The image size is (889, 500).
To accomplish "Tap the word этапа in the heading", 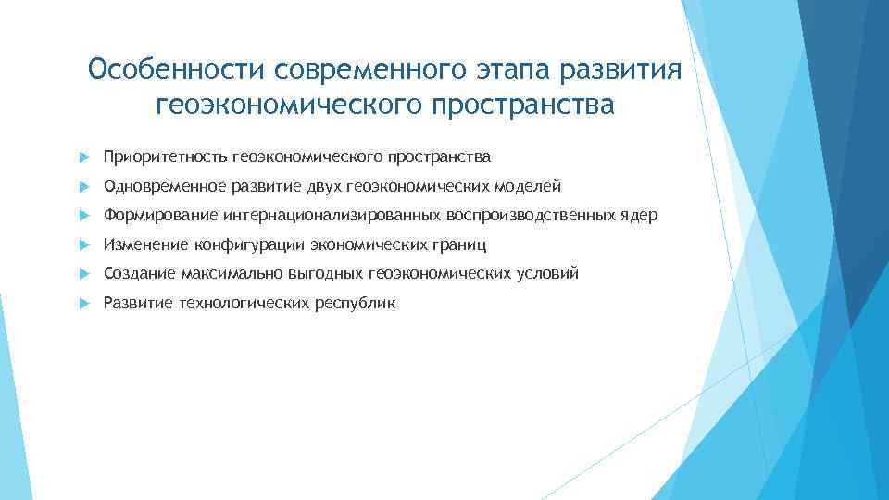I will coord(499,70).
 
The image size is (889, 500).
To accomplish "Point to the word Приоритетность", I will coord(165,157).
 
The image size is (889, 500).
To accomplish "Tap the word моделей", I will coord(528,187).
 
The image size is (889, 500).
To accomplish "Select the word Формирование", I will coord(159,216).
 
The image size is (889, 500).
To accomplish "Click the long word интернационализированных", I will coord(332,216).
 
